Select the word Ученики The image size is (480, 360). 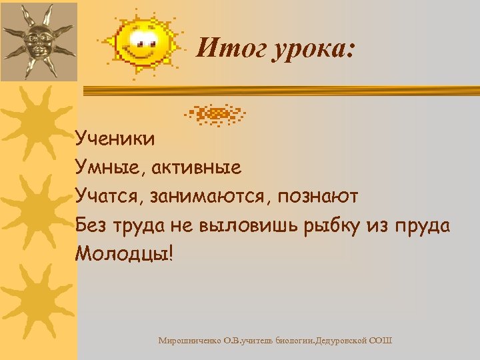coord(115,138)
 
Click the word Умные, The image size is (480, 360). coord(111,167)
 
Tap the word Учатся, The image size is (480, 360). coord(109,197)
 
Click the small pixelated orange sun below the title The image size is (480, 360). coord(215,115)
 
